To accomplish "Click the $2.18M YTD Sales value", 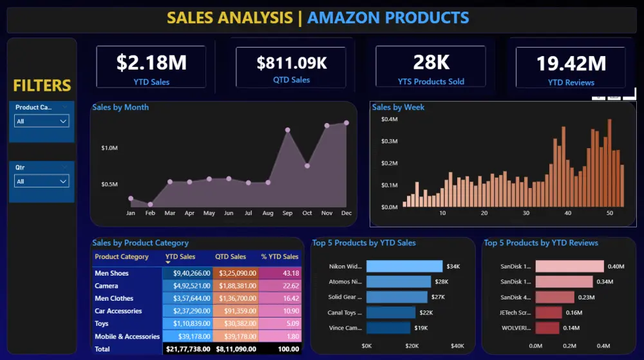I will coord(151,62).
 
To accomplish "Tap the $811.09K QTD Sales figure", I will coord(292,63).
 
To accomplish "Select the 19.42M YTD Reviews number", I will coord(571,64).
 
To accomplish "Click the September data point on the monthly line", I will coord(287,130).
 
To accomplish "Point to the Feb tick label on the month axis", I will coord(150,213).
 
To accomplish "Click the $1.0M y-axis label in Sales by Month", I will coord(109,148).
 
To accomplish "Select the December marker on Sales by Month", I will coord(346,122).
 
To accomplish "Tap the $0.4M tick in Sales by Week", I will coord(389,120).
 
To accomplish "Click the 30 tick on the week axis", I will coord(526,213).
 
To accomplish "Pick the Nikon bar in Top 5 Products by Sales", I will coord(404,266).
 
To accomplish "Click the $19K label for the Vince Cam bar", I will coord(420,328).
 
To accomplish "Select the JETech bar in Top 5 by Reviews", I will coord(549,312).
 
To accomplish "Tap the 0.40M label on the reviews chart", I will coord(616,267).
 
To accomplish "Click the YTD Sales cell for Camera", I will coord(187,286).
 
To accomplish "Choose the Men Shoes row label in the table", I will coord(111,274).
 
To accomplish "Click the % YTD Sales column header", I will coord(280,257).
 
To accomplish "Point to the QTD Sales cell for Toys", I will coord(235,324).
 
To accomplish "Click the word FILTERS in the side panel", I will coord(42,86).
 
